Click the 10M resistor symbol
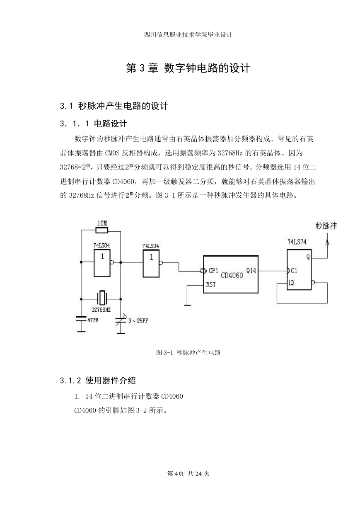(x=102, y=231)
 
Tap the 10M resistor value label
(x=102, y=223)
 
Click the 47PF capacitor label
(x=93, y=320)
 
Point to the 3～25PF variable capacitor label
(x=138, y=321)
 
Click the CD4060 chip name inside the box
(x=232, y=275)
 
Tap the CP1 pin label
(x=213, y=271)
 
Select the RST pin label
(x=211, y=284)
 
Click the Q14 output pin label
(x=251, y=271)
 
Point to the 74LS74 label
(x=297, y=242)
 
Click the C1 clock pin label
(x=294, y=271)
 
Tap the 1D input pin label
(x=291, y=283)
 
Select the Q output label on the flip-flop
(x=308, y=257)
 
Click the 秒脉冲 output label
(x=326, y=226)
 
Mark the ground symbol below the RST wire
(x=187, y=305)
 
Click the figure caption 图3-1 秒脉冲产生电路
(x=188, y=353)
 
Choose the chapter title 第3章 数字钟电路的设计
(x=188, y=68)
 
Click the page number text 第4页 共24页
(x=188, y=474)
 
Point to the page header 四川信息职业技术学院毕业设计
(x=188, y=35)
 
